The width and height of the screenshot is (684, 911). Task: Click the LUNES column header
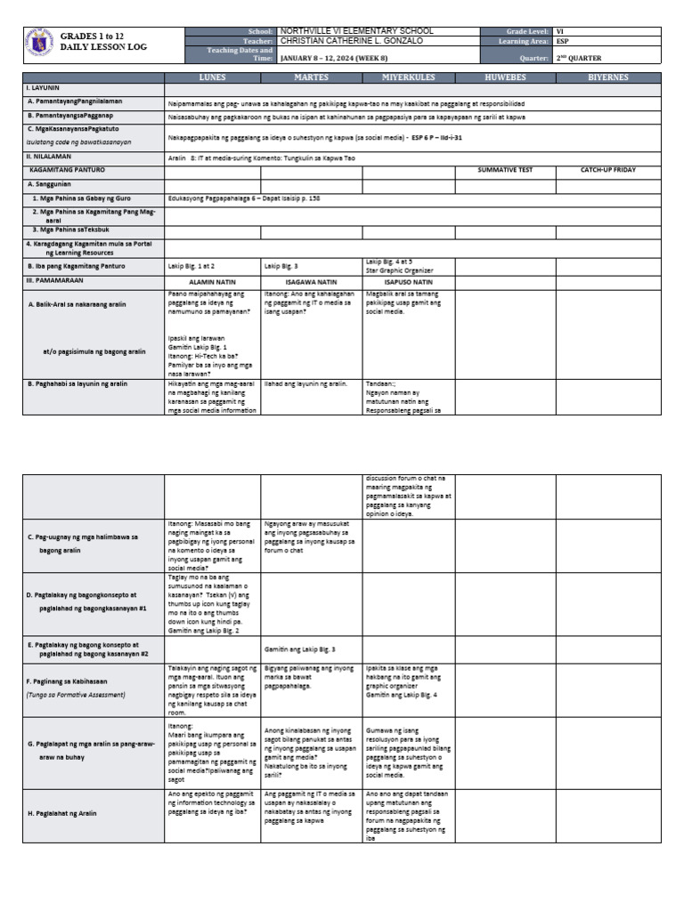(x=212, y=77)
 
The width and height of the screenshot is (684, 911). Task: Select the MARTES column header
(x=311, y=77)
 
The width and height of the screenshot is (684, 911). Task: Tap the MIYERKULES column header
(x=409, y=77)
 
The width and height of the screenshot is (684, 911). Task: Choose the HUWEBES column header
(x=505, y=77)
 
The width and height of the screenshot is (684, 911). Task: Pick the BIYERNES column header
(x=608, y=77)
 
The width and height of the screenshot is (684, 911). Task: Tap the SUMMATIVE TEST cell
(x=505, y=169)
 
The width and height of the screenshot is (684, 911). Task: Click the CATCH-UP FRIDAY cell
(x=608, y=169)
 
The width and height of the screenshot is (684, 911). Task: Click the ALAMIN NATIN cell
(x=212, y=281)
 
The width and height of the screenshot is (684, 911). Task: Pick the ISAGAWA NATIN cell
(x=311, y=281)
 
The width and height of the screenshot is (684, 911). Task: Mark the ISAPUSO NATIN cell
(x=409, y=281)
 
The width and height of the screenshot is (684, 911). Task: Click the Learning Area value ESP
(x=563, y=41)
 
